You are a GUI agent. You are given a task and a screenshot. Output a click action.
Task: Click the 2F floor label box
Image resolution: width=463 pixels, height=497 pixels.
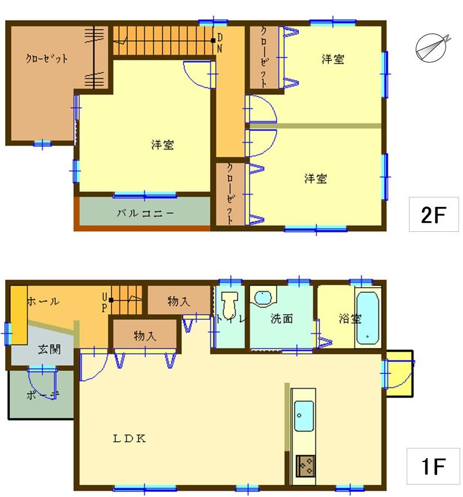[434, 214]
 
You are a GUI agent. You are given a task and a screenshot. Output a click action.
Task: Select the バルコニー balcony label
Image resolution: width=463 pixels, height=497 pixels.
[145, 213]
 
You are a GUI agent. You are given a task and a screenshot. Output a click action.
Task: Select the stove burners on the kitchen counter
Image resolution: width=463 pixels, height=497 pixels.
[305, 466]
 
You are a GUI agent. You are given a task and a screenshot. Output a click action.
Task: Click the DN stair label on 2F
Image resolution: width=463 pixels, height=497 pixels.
[219, 43]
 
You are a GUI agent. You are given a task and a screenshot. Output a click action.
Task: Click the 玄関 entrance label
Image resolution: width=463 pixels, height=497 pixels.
[49, 349]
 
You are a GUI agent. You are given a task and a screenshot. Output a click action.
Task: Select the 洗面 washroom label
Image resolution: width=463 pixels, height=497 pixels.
[282, 319]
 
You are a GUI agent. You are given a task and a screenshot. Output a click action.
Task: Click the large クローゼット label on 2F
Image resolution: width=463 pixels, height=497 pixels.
[47, 58]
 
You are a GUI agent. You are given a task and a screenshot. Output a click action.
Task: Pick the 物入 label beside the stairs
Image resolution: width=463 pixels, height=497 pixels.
[178, 302]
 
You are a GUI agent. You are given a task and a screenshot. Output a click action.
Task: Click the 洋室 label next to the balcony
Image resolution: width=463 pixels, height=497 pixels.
[162, 145]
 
